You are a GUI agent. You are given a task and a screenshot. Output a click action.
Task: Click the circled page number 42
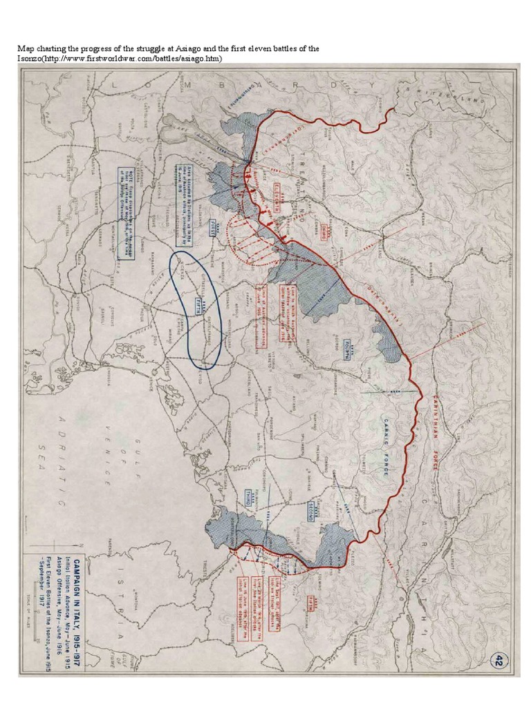point(496,660)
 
